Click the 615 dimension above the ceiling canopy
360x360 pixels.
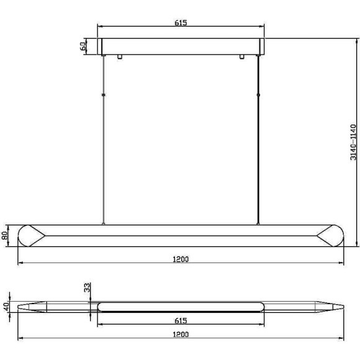tap(181, 23)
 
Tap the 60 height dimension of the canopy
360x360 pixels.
tap(83, 46)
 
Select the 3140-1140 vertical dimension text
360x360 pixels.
tap(353, 142)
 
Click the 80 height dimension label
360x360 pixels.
tap(5, 235)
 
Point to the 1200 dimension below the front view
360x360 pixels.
tap(181, 259)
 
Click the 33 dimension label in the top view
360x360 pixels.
tap(88, 287)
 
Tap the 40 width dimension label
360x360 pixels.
tap(6, 307)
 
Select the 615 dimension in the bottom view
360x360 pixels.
tap(181, 320)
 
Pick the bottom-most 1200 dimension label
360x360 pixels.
tap(181, 335)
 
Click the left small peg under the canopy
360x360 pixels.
tap(120, 56)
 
